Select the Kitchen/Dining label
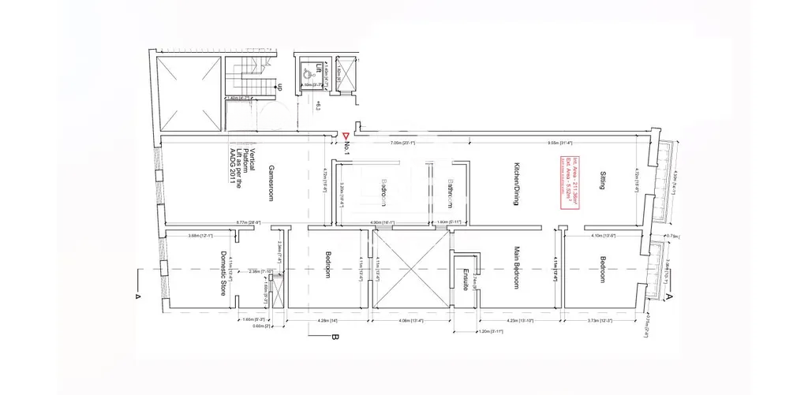515,186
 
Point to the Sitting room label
603,186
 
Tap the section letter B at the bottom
335,339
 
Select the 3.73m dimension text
600,321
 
